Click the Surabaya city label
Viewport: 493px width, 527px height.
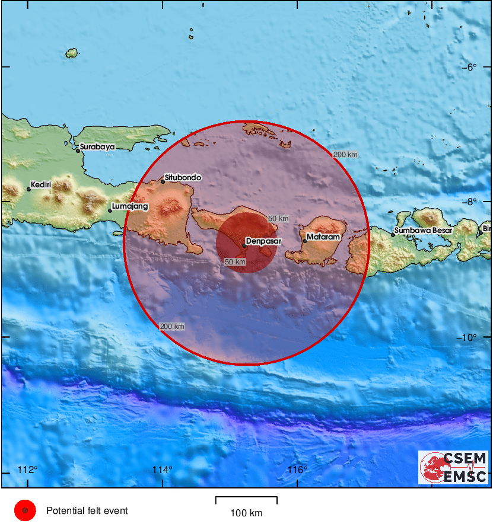tap(97, 147)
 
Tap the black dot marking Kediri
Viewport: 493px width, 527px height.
tap(28, 189)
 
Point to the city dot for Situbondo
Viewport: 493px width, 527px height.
tap(163, 181)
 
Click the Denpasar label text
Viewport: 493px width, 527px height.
tap(265, 241)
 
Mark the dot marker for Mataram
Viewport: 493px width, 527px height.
tap(305, 241)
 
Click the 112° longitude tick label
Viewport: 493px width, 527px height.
tap(27, 470)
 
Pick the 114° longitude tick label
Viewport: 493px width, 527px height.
tap(162, 470)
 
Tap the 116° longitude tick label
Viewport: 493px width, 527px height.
tap(297, 470)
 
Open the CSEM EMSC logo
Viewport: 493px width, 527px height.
tap(453, 467)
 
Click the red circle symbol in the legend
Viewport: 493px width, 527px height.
tap(25, 510)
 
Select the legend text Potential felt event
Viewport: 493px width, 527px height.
tap(87, 510)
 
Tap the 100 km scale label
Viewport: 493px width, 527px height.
tap(246, 513)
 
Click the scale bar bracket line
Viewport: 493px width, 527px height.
tap(246, 498)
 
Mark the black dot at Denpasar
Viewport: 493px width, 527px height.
tap(244, 245)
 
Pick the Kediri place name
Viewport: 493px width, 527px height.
tap(42, 185)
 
